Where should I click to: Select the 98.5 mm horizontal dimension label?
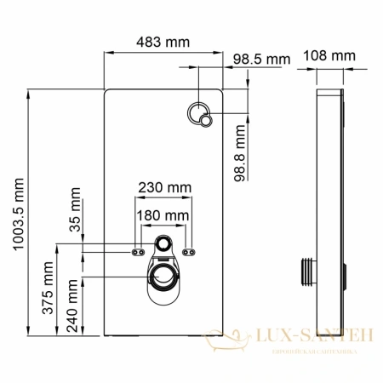coord(260,59)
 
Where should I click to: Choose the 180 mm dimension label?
coord(163,216)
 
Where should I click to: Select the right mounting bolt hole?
coord(191,251)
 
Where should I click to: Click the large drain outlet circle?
coord(164,276)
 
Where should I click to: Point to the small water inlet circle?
coord(164,244)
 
